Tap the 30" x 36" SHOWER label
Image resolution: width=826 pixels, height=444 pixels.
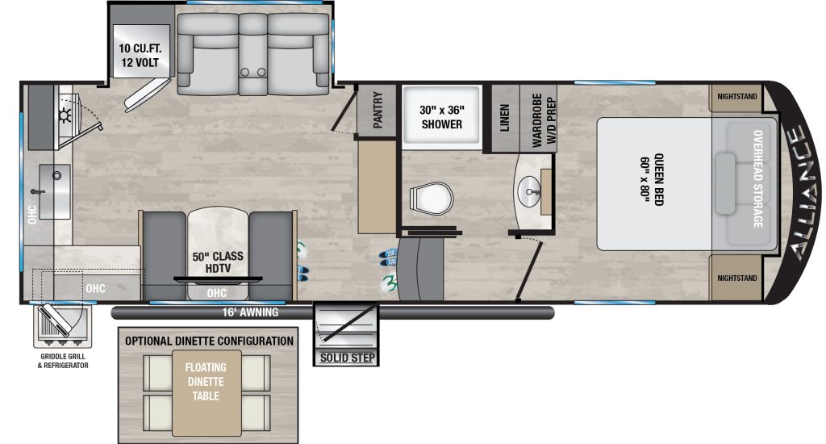(441, 117)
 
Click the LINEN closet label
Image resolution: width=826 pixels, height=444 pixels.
(504, 117)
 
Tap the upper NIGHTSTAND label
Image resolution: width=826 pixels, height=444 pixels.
(737, 96)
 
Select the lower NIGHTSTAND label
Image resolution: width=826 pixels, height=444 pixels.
(737, 278)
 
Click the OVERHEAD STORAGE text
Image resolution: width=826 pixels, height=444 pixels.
(758, 179)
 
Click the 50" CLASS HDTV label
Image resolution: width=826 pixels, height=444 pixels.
(218, 262)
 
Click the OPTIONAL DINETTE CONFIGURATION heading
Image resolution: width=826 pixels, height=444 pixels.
(209, 341)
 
